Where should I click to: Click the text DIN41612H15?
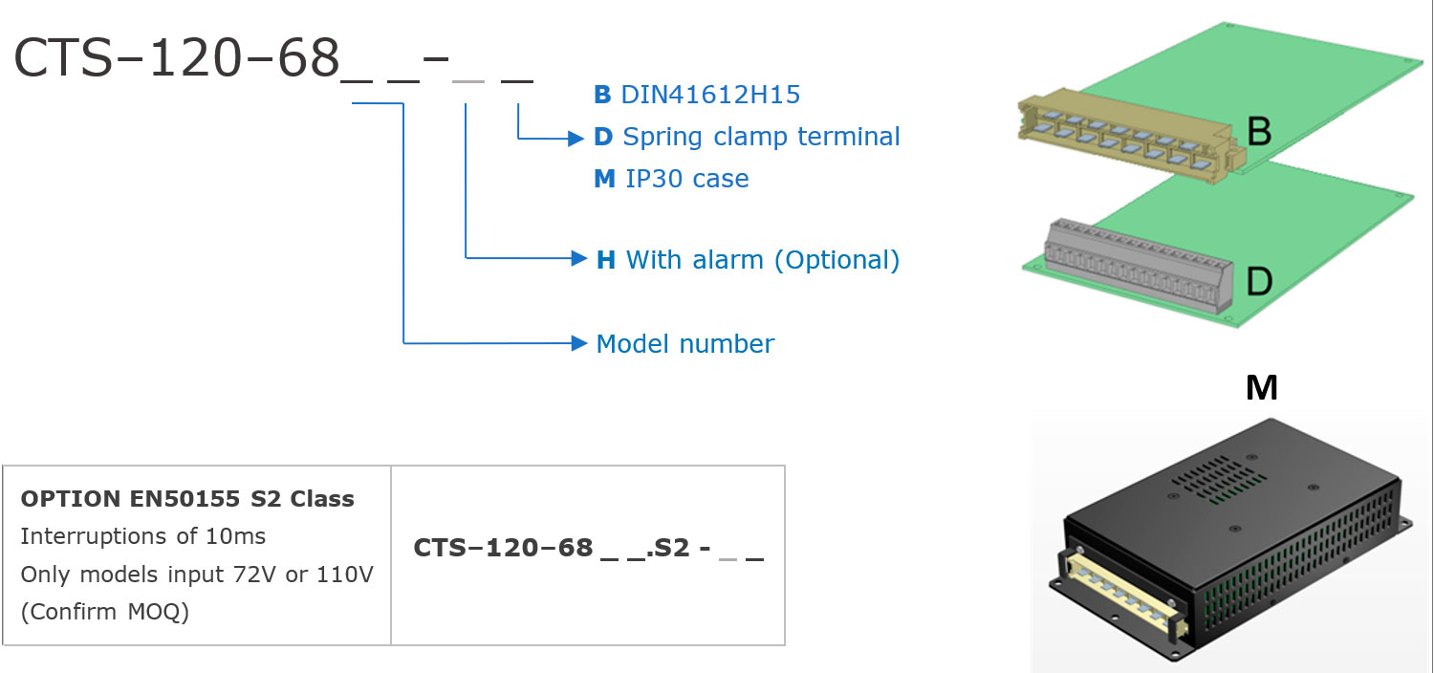710,95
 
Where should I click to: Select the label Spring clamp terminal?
761,137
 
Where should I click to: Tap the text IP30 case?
686,179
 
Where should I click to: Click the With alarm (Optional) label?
762,259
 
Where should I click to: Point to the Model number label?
684,343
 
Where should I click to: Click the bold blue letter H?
605,259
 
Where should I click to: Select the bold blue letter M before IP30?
604,179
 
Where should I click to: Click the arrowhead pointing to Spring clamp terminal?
576,139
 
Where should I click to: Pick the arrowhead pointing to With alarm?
577,258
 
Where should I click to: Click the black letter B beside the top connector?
1259,131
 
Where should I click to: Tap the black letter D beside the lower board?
1259,281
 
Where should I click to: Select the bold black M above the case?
1262,387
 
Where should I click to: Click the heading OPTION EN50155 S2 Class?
187,499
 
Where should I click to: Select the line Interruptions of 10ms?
143,536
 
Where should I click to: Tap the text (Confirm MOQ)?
105,612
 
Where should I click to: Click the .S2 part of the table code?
666,549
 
